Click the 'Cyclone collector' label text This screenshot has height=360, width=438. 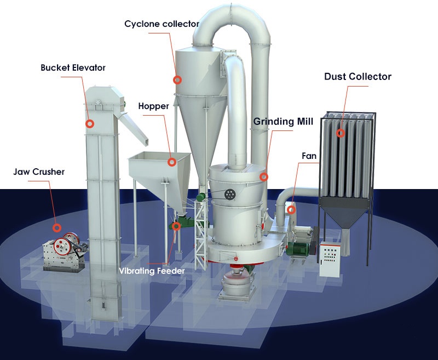tap(162, 24)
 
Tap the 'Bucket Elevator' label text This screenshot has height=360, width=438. tap(73, 68)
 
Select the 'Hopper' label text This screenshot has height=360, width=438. tap(153, 106)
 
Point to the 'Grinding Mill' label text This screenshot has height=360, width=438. tap(283, 122)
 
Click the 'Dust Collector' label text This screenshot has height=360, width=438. tap(358, 77)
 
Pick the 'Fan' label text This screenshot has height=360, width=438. tap(309, 156)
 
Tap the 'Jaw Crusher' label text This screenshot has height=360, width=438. tap(39, 172)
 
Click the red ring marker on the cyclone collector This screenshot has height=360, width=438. tap(177, 80)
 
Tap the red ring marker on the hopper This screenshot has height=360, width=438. tap(172, 162)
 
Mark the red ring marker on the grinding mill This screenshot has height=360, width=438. tap(264, 177)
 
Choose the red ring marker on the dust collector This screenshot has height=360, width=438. tap(341, 133)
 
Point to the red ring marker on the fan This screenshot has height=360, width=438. tap(291, 209)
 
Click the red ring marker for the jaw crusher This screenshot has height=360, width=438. tap(56, 227)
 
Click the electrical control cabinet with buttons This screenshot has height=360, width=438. tap(330, 257)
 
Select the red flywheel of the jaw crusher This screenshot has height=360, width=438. tap(70, 241)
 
